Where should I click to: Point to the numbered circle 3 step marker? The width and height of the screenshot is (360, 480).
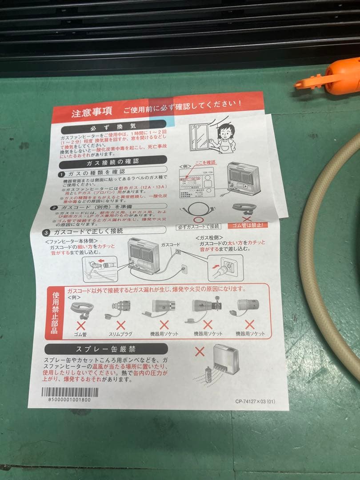[48, 232]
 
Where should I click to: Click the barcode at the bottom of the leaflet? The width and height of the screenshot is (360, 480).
[70, 392]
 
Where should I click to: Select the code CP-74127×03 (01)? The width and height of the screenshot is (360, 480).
[255, 401]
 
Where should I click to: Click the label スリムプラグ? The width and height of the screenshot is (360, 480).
[119, 333]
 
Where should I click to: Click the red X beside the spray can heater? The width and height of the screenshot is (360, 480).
[200, 352]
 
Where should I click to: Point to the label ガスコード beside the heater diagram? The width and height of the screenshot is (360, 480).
[170, 245]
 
